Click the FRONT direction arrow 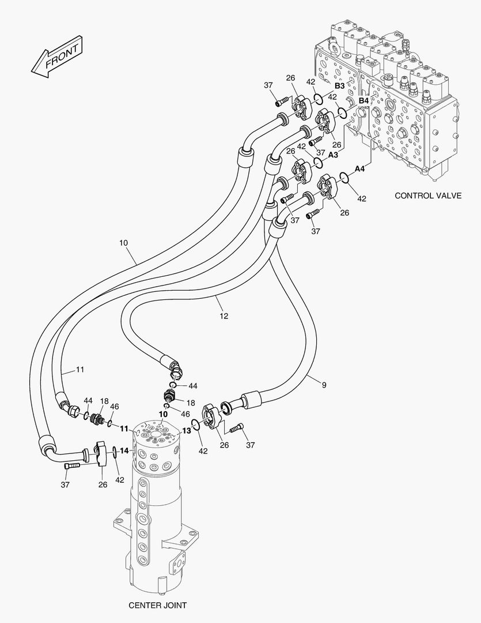tap(57, 57)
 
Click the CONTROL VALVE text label tap(428, 196)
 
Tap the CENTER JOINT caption tap(158, 605)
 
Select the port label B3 tap(340, 86)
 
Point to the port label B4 tap(363, 101)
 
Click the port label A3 tap(333, 155)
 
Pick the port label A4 tap(359, 169)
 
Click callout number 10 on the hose tap(123, 242)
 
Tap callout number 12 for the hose tap(224, 316)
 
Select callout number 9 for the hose tap(324, 385)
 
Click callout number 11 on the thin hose tap(80, 370)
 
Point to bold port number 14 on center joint tap(124, 451)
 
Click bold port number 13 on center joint tap(187, 431)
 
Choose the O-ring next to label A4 tap(344, 178)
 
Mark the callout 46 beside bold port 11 tap(114, 407)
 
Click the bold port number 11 tap(124, 429)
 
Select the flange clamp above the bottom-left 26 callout tap(101, 453)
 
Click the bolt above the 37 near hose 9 tap(237, 428)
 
